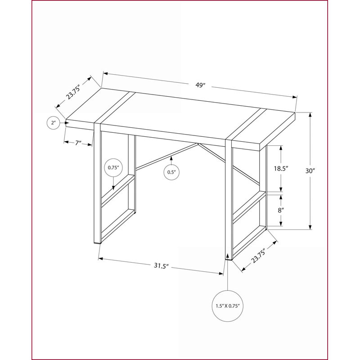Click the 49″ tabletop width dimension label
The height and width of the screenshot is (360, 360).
200,85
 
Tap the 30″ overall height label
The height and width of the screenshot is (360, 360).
310,171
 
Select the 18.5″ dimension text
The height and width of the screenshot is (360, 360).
281,168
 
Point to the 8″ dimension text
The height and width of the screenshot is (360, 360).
281,210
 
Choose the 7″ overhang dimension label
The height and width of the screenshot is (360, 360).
78,143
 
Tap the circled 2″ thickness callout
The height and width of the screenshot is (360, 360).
54,123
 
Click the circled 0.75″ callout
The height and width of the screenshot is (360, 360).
113,167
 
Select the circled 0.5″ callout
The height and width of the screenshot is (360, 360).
171,172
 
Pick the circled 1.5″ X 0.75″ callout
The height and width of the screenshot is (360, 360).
228,306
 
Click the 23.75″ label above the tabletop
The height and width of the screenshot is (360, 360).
73,92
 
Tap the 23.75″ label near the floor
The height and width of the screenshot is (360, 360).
258,256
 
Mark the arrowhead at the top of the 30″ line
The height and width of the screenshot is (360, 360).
310,115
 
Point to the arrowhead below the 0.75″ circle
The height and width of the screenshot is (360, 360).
113,188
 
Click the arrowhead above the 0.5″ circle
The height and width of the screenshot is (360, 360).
171,158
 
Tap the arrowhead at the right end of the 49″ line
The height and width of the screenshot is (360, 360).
295,97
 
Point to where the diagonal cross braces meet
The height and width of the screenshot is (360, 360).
198,144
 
